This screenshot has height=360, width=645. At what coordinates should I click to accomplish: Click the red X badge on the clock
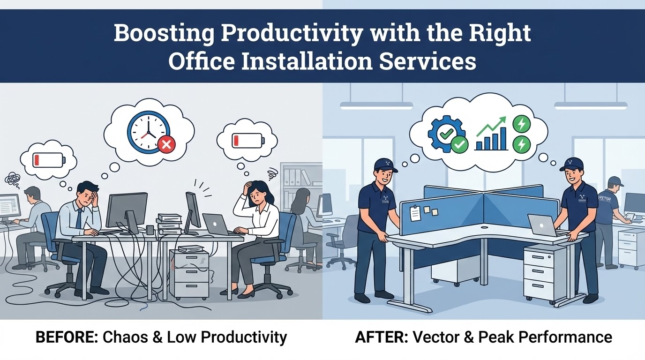(x=165, y=145)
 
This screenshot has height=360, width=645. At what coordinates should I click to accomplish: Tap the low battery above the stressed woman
(x=247, y=140)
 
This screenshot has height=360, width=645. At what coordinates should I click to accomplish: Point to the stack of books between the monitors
(x=169, y=225)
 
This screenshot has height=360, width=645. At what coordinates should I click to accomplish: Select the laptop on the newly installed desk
(x=543, y=225)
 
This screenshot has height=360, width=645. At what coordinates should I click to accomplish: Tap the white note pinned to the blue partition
(x=415, y=213)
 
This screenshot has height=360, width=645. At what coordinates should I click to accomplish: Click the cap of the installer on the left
(x=386, y=165)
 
